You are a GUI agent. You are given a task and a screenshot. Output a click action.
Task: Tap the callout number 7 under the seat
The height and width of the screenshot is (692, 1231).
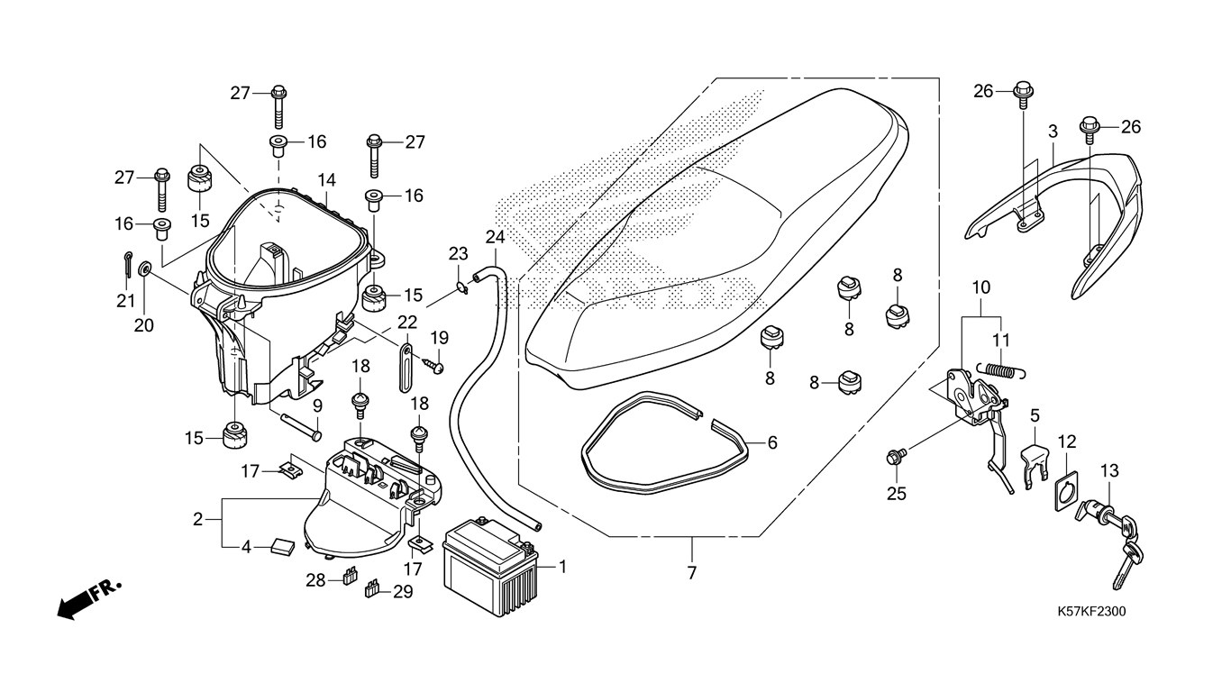tap(692, 573)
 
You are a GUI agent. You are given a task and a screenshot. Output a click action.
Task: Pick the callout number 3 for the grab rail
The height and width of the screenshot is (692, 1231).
tap(1053, 132)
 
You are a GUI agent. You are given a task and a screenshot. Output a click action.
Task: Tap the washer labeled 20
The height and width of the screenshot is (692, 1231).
tap(145, 269)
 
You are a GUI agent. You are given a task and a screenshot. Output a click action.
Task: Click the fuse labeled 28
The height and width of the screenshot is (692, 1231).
tap(348, 577)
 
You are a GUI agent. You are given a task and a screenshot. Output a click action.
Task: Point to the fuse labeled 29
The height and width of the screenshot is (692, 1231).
tap(371, 589)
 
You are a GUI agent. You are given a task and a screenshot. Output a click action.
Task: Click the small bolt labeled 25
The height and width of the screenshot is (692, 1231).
tap(895, 456)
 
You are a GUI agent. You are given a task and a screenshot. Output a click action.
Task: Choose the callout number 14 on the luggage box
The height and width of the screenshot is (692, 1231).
tap(326, 180)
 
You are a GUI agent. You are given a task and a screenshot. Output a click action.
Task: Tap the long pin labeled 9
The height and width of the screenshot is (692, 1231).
tap(302, 426)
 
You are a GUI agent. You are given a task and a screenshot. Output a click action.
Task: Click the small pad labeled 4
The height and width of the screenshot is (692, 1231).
tap(282, 547)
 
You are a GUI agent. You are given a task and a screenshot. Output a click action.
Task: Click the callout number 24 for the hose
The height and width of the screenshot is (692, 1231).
tap(495, 237)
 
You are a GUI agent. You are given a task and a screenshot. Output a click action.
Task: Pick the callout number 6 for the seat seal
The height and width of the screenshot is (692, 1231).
tap(772, 442)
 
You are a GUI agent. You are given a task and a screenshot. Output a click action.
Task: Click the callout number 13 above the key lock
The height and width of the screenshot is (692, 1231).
tap(1109, 471)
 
